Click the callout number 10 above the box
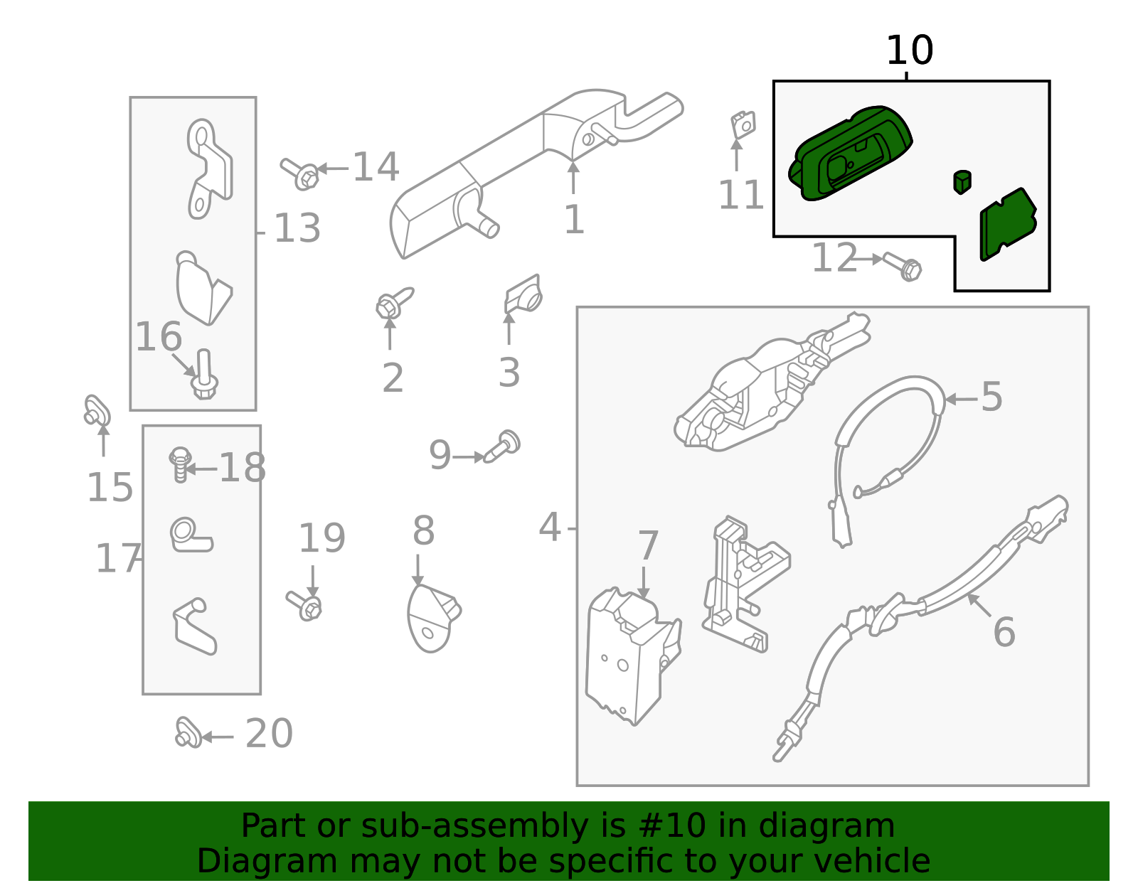pyautogui.click(x=909, y=51)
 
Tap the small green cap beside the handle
pyautogui.click(x=962, y=181)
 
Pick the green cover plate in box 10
pyautogui.click(x=1006, y=224)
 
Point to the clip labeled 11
pyautogui.click(x=743, y=125)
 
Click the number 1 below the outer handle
pyautogui.click(x=573, y=220)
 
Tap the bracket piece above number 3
pyautogui.click(x=524, y=294)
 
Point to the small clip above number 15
pyautogui.click(x=97, y=410)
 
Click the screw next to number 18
pyautogui.click(x=180, y=464)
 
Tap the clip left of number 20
pyautogui.click(x=187, y=733)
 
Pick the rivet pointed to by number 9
pyautogui.click(x=504, y=446)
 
